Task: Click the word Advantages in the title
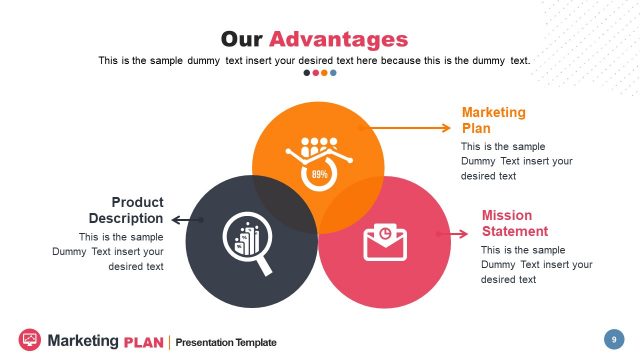[x=339, y=39]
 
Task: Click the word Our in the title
[x=242, y=39]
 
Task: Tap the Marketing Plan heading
[x=493, y=120]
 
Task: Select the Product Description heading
[x=126, y=210]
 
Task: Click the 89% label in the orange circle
[x=320, y=174]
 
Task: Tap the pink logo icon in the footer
[x=30, y=340]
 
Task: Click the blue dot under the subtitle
[x=333, y=72]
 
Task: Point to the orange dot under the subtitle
[x=324, y=72]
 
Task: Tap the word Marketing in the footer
[x=83, y=341]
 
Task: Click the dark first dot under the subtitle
[x=307, y=72]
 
